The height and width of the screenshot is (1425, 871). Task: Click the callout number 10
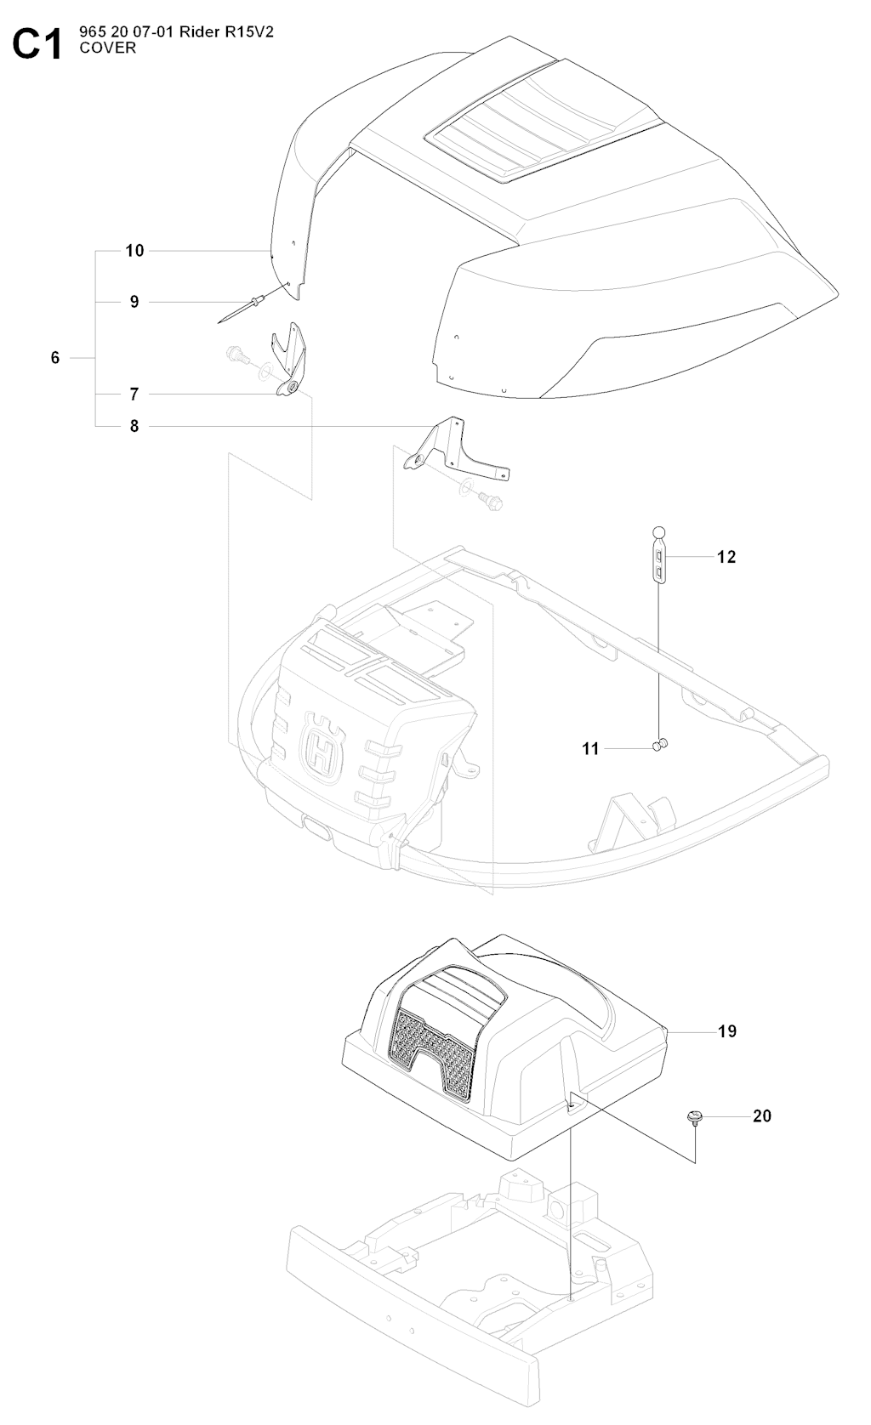click(x=134, y=251)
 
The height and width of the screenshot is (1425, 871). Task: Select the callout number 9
click(x=134, y=302)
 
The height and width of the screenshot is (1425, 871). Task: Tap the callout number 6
click(x=55, y=357)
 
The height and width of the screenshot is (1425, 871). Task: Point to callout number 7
click(x=134, y=395)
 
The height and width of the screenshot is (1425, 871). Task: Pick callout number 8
click(x=134, y=426)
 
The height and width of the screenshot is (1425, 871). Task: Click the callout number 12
click(x=726, y=557)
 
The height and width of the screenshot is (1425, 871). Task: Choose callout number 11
click(x=591, y=749)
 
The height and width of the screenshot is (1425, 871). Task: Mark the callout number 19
click(x=727, y=1031)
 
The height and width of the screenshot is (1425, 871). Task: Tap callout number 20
click(x=762, y=1116)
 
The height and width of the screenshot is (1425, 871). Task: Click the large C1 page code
click(x=38, y=44)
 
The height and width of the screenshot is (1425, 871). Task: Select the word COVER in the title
click(x=107, y=48)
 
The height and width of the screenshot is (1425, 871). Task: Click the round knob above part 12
click(x=658, y=532)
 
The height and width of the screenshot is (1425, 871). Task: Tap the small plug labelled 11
click(x=660, y=744)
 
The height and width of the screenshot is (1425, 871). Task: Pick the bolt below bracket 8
click(x=490, y=501)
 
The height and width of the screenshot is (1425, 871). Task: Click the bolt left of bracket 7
click(x=238, y=355)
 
